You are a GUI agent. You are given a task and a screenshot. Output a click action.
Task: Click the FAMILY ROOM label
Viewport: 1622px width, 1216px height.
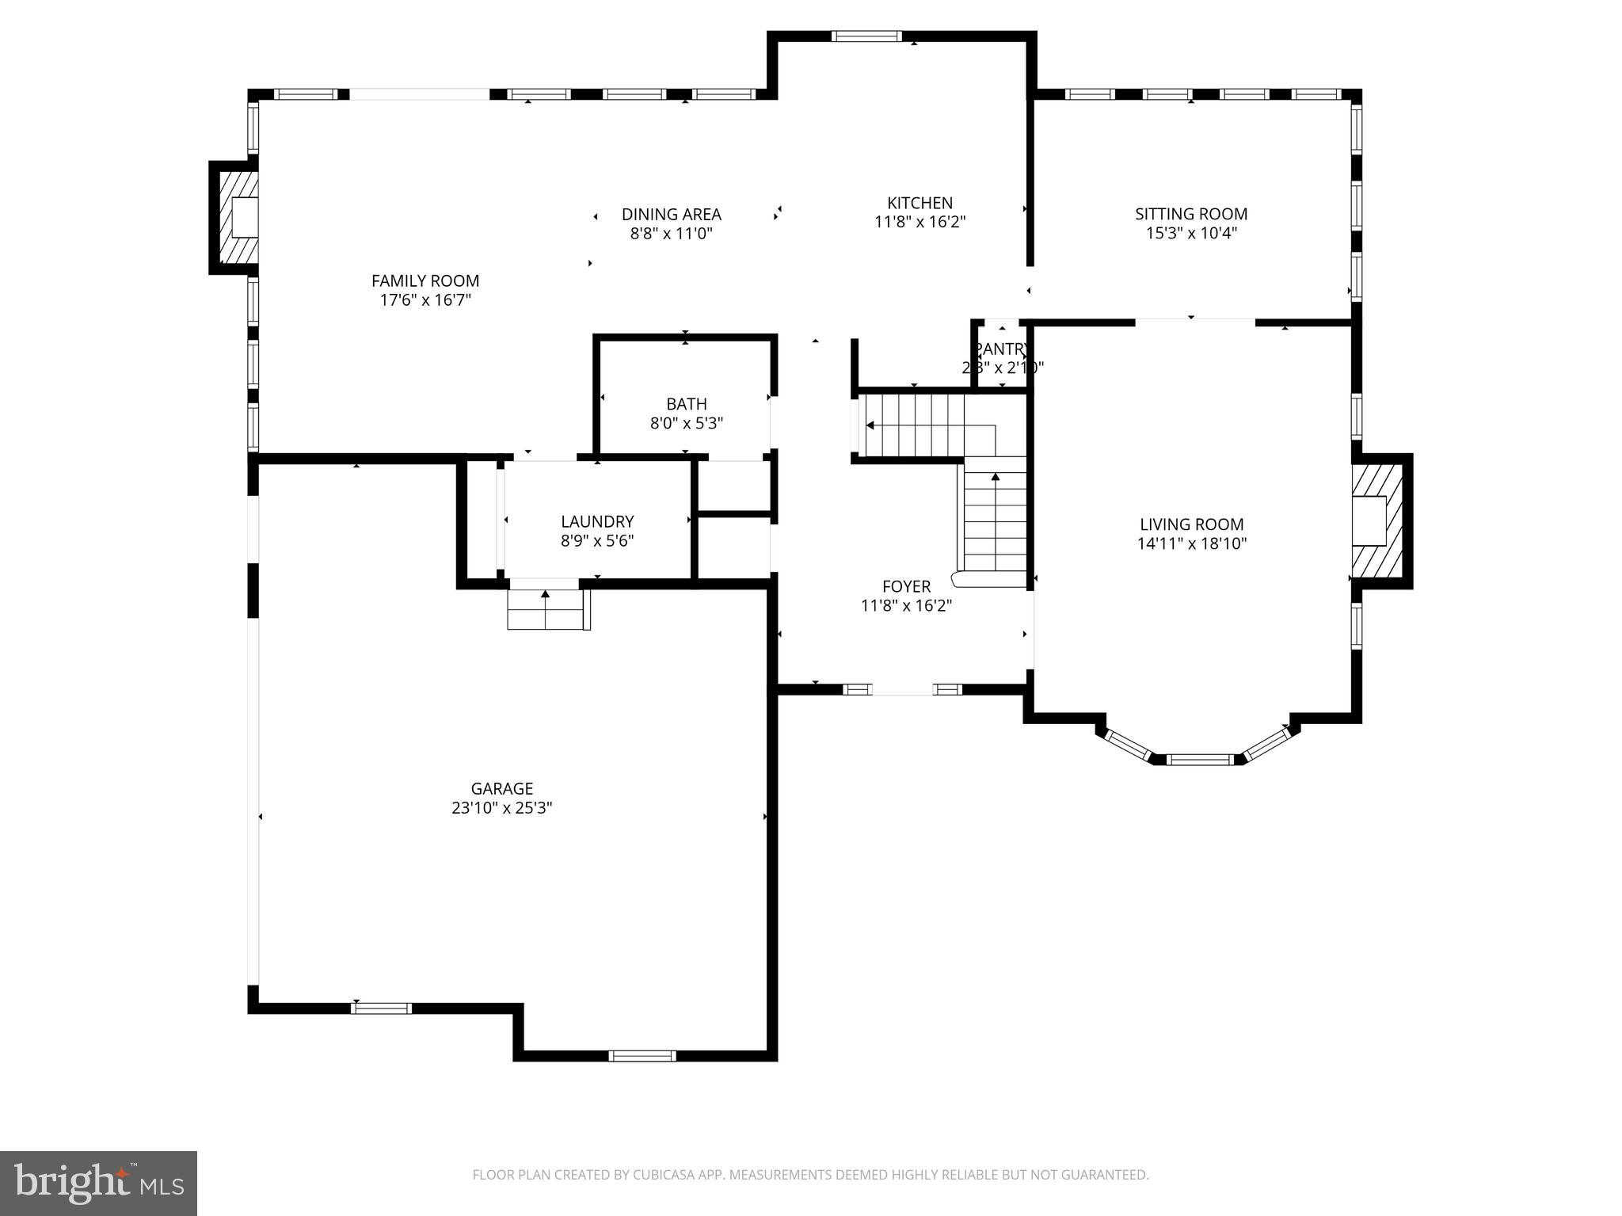pos(425,280)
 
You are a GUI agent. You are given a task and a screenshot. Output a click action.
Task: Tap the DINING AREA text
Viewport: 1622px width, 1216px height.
pos(671,214)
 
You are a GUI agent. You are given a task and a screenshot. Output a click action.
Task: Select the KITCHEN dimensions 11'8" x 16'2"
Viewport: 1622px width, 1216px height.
pos(920,222)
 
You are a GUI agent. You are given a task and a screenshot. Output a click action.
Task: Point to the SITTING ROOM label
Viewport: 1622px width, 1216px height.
pos(1190,214)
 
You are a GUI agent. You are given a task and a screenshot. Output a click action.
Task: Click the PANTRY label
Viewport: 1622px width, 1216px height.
pos(1002,349)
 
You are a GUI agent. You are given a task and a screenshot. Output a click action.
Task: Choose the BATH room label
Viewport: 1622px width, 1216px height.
pos(686,404)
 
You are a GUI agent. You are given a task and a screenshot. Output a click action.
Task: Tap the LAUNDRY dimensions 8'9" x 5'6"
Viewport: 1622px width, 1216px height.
pos(597,541)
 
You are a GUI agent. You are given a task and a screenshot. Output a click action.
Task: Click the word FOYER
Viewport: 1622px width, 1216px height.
pos(906,586)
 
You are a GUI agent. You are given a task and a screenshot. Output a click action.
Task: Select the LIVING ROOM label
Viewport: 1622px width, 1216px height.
pos(1191,524)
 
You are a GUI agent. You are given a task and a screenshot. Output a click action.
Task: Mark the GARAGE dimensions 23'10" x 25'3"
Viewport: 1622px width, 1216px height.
pos(501,808)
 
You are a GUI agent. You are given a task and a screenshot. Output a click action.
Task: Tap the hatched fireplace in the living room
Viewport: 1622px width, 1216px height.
pos(1376,520)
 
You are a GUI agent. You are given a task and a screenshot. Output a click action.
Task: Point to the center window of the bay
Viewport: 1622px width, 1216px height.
pos(1200,760)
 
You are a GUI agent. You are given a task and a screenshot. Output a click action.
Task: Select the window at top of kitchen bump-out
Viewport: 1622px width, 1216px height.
pos(866,36)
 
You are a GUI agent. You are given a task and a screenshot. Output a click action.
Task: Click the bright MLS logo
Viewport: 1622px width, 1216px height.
pos(98,1183)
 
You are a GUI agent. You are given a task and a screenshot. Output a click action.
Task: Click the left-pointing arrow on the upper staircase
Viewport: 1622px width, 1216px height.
pos(871,425)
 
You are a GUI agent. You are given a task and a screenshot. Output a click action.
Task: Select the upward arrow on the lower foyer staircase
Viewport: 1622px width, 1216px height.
pos(995,477)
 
